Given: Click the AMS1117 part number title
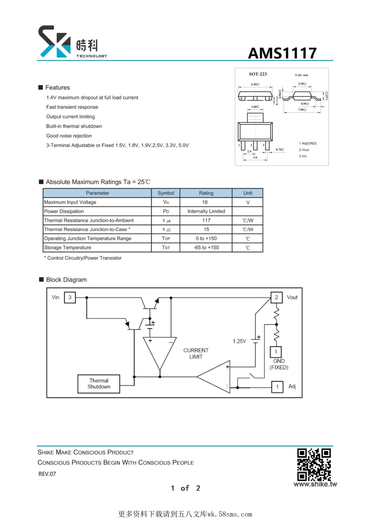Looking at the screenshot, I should coord(282,53).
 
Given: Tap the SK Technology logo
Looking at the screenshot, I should coord(72,42).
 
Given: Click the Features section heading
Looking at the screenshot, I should coord(57,88).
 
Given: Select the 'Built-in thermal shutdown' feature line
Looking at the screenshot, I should coord(74,126).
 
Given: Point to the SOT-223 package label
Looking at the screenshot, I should coord(258,74).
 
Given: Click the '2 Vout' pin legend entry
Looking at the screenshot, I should coord(304,150).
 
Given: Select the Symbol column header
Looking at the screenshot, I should coord(166,193).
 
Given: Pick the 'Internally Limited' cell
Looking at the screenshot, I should coord(206,211).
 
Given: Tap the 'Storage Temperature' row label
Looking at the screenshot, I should coord(68,248).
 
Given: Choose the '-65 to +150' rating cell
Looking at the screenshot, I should coord(206,248).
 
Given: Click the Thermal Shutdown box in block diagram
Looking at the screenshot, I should coord(99,384).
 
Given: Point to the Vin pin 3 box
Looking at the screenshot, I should coord(70,297).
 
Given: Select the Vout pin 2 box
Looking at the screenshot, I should coord(277,297).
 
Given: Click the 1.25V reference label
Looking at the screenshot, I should coord(240,341).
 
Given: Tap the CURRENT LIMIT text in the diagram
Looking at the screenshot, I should coord(196,354).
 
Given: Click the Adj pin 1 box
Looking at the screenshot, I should coord(277,387).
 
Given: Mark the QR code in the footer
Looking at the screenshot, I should coord(314,464).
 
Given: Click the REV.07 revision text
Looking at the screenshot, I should coord(47,474).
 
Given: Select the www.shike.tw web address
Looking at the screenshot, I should coord(315,484).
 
